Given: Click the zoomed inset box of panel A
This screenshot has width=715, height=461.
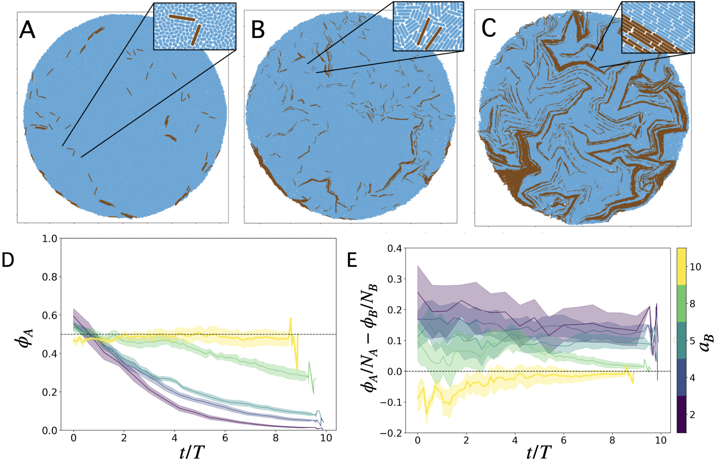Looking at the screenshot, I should (195, 26).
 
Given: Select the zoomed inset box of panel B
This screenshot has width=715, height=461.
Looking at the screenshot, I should (428, 26).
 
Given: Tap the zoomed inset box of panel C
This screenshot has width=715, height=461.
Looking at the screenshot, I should (658, 27).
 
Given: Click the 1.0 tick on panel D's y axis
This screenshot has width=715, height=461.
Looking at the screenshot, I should (49, 239).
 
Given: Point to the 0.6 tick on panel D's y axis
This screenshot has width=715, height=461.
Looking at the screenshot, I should (49, 316).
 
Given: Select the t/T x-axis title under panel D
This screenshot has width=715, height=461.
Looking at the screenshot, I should (192, 452).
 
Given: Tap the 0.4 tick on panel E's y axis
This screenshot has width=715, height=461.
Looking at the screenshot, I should (395, 248).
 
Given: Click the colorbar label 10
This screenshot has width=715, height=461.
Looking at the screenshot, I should (695, 267).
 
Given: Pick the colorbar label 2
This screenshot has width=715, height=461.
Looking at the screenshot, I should (692, 415).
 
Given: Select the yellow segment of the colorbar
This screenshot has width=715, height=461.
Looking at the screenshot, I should (681, 266).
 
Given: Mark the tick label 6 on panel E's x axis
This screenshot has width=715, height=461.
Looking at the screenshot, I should (563, 441).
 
